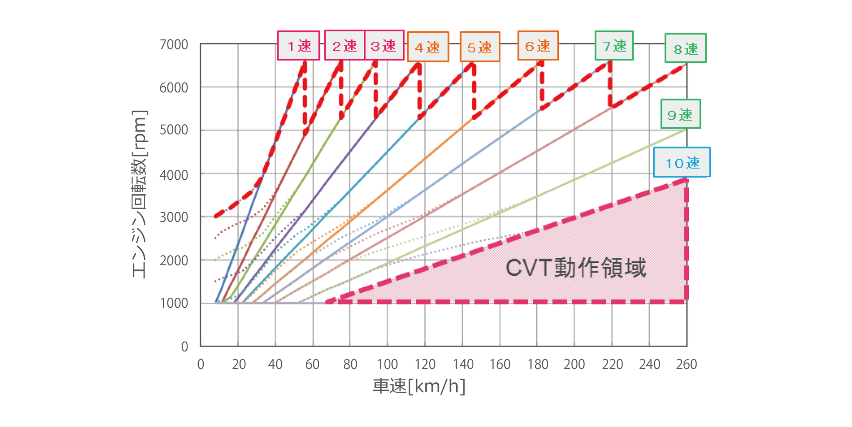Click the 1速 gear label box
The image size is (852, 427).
(298, 45)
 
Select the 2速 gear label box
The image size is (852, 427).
(345, 45)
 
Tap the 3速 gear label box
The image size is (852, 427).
(384, 45)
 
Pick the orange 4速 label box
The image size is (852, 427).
(428, 47)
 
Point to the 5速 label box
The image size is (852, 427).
(480, 47)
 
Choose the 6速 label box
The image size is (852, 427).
(538, 45)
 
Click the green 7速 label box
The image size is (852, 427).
(614, 45)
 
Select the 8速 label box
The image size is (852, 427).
(685, 48)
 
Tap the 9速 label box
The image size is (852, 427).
(680, 114)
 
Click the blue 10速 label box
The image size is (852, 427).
(682, 162)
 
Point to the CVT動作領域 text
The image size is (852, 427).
(576, 268)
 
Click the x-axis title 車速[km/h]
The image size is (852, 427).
(419, 386)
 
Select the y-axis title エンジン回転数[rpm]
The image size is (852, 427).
(139, 194)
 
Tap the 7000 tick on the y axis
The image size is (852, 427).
(174, 44)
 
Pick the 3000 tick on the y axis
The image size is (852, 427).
(174, 217)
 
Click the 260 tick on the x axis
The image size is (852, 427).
(686, 364)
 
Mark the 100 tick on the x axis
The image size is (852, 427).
(387, 364)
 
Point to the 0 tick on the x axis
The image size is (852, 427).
(201, 364)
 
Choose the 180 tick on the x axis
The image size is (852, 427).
(537, 364)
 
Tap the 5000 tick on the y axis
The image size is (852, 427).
(174, 131)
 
